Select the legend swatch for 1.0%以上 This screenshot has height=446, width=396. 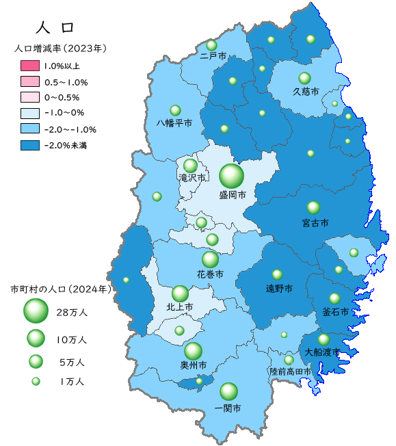pos(31,66)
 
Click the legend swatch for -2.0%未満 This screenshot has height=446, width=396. pos(31,145)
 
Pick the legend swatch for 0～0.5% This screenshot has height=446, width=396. pos(31,98)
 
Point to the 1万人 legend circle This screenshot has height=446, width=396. pos(36,382)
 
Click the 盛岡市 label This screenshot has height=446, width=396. pos(233,195)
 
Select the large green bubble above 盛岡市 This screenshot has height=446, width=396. pos(231,176)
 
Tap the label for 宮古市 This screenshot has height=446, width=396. pos(315,223)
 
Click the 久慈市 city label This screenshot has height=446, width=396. pos(306,91)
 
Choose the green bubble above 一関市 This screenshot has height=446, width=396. pos(228,391)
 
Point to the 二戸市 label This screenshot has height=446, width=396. pos(213,56)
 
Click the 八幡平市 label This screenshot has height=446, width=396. pos(174,123)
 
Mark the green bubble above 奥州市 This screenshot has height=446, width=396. pos(193,351)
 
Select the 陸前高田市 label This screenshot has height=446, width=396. pos(290,371)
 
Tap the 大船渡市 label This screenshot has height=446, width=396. pos(322,352)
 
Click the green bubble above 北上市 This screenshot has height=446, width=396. pos(180,293)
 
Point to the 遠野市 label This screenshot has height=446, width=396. pos(279,289)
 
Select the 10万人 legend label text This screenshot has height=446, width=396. pos(71,339)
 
